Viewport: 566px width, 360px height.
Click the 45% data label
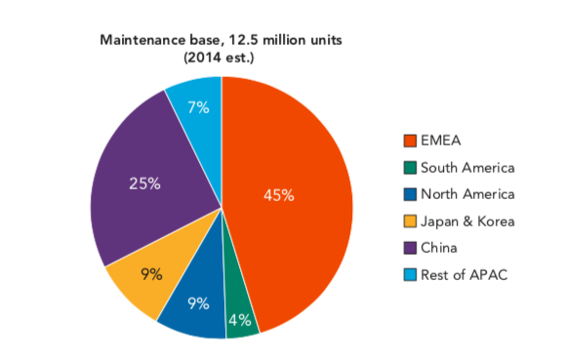tap(279, 195)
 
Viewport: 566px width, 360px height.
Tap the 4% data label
tap(240, 319)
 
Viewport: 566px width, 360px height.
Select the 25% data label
tap(144, 182)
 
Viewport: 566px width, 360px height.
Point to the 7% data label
tap(198, 107)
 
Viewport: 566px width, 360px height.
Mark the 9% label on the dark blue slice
tap(198, 302)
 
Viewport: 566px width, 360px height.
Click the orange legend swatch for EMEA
tap(411, 140)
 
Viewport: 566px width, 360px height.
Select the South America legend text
tap(467, 168)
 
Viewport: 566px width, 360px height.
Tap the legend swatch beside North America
tap(411, 194)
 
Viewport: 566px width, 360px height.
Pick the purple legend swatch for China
tap(411, 248)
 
